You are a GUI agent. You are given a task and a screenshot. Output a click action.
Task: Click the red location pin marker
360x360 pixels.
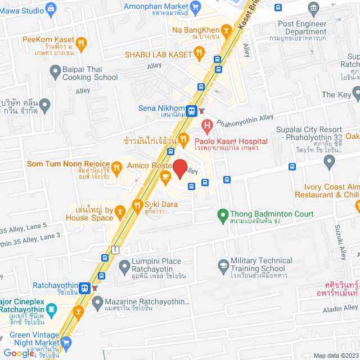(x=180, y=168)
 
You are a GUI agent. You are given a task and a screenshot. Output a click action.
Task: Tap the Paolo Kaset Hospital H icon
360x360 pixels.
(x=207, y=125)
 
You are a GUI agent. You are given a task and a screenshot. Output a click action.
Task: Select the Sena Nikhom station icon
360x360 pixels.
(x=192, y=110)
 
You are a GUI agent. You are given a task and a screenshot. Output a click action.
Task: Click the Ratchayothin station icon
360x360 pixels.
(x=84, y=287)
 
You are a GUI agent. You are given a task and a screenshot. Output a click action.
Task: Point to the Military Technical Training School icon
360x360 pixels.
(x=223, y=265)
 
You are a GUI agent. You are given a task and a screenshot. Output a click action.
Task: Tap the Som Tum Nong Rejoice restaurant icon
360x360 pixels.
(x=116, y=166)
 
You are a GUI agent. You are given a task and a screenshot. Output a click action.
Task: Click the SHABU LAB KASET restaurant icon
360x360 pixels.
(x=199, y=53)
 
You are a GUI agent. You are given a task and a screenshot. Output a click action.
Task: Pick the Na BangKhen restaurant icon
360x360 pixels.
(x=226, y=29)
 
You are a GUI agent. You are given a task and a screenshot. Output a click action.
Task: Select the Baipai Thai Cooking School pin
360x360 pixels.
(x=55, y=71)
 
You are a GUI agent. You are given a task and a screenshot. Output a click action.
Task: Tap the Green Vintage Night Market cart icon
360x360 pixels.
(x=66, y=342)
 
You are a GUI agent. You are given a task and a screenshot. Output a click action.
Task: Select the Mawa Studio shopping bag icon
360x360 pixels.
(x=52, y=8)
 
